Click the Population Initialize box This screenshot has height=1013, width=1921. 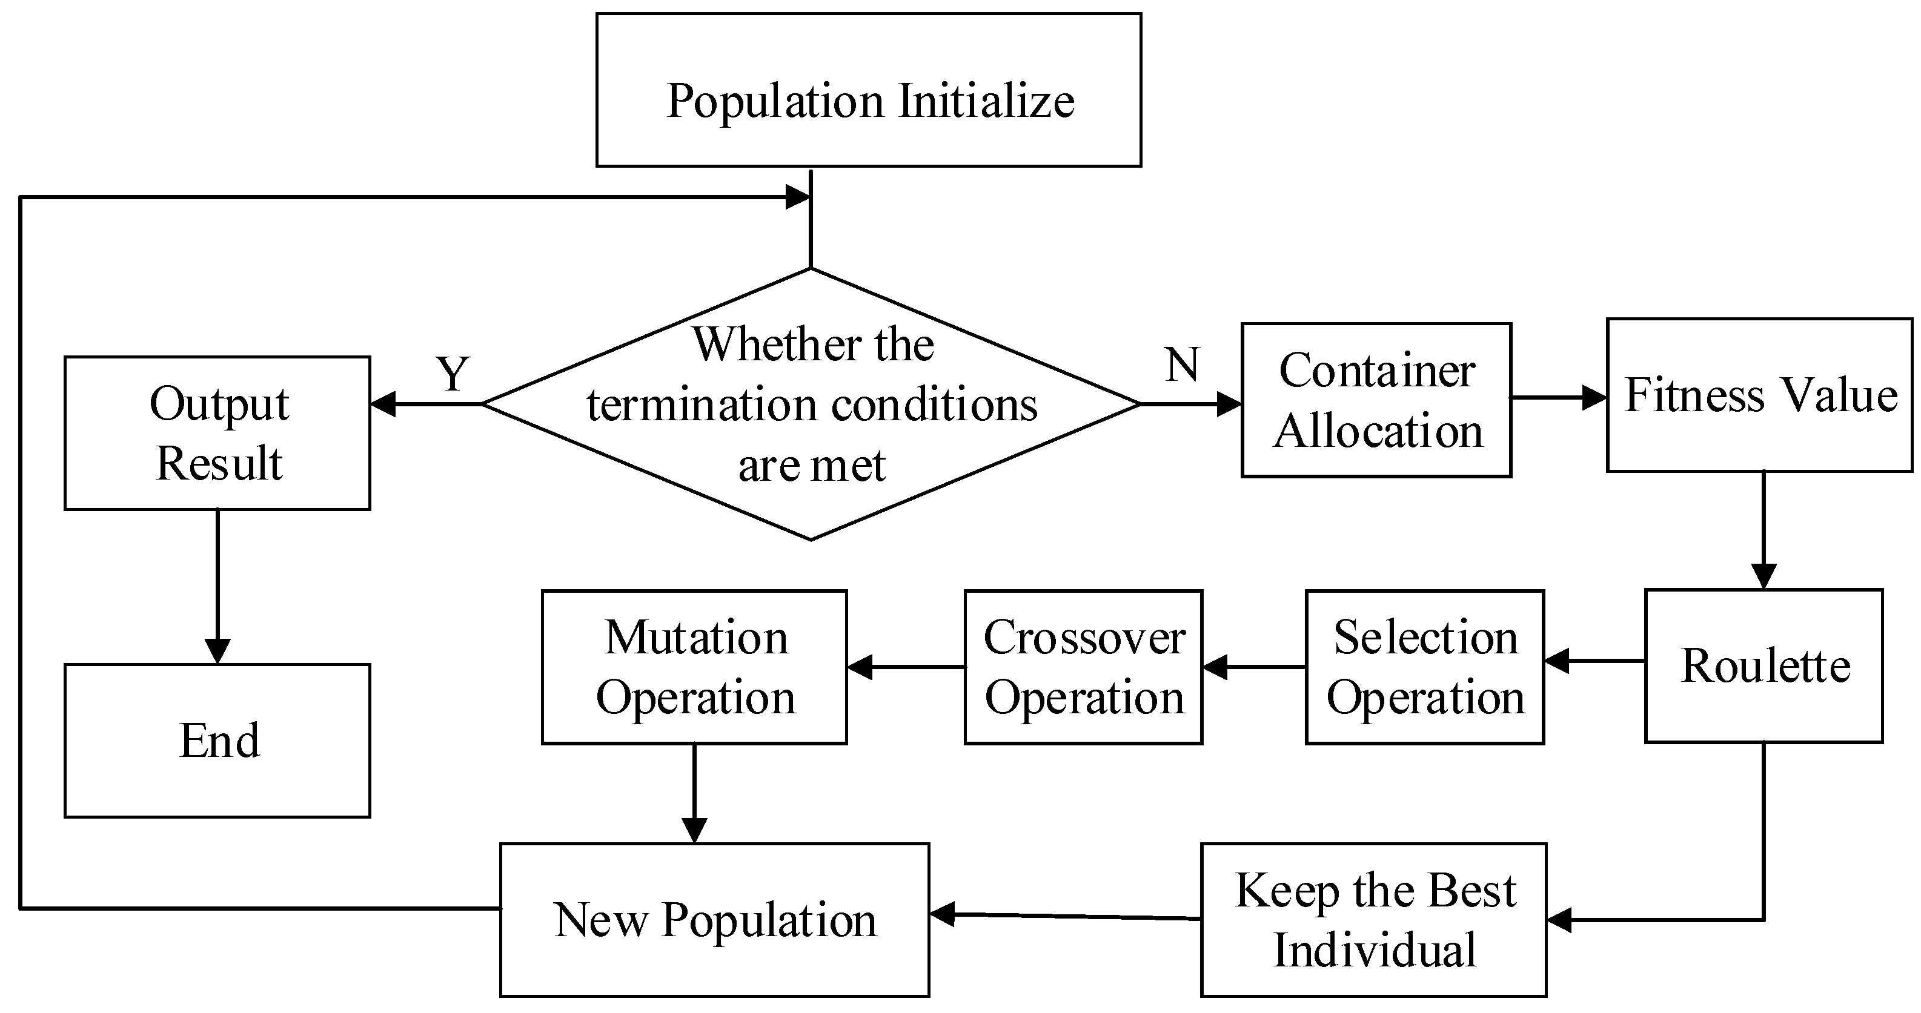tap(868, 90)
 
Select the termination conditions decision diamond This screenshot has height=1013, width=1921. tap(811, 404)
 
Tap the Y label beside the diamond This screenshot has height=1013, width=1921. tap(453, 374)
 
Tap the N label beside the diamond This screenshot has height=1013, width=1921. tap(1182, 365)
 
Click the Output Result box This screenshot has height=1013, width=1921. tap(217, 433)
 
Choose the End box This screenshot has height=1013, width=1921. tap(217, 740)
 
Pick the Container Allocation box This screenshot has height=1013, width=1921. tap(1376, 400)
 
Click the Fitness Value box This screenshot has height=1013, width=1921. tap(1759, 395)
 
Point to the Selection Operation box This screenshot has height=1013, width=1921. tap(1424, 667)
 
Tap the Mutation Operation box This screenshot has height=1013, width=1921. tap(694, 667)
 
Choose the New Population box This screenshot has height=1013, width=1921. tap(714, 920)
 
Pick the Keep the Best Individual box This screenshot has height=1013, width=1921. tap(1373, 920)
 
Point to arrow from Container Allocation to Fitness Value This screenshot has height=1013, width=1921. tap(1559, 397)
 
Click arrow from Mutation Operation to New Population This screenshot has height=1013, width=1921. tap(694, 793)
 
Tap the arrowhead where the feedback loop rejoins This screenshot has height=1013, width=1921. tap(798, 197)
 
